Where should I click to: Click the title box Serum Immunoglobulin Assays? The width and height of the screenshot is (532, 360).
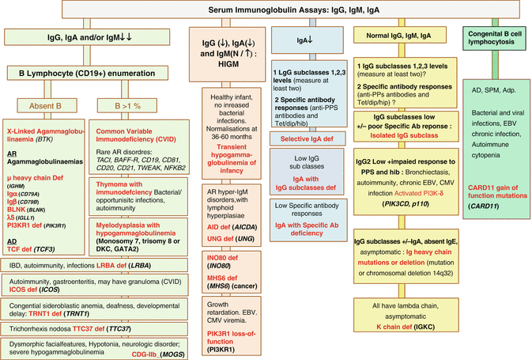tap(265, 9)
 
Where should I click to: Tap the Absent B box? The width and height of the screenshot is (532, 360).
tap(45, 103)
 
